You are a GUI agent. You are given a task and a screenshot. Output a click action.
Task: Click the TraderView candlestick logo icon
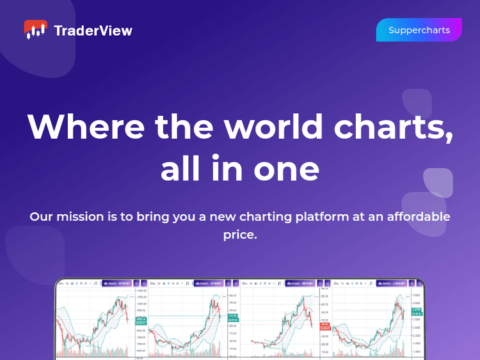click(x=36, y=30)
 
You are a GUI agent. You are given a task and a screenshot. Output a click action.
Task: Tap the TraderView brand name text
click(x=93, y=31)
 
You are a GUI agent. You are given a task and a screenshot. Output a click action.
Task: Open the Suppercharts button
click(x=419, y=30)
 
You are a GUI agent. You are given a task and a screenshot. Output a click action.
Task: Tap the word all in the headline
click(x=180, y=169)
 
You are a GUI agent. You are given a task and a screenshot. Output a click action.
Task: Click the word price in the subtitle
click(x=240, y=235)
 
